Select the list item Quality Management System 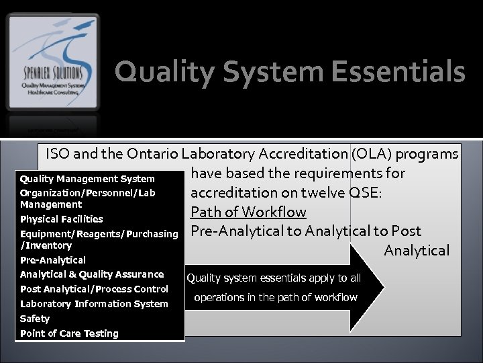pyautogui.click(x=87, y=179)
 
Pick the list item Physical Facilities pyautogui.click(x=62, y=219)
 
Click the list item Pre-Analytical pyautogui.click(x=53, y=259)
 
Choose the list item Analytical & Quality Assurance pyautogui.click(x=92, y=274)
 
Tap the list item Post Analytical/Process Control pyautogui.click(x=94, y=289)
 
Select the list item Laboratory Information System pyautogui.click(x=94, y=304)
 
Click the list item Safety pyautogui.click(x=35, y=319)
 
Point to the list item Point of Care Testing pyautogui.click(x=69, y=333)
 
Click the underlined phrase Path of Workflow pyautogui.click(x=248, y=212)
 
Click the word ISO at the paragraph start pyautogui.click(x=58, y=154)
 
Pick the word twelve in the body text pyautogui.click(x=319, y=194)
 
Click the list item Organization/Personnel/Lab pyautogui.click(x=87, y=194)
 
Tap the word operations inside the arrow pyautogui.click(x=222, y=298)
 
